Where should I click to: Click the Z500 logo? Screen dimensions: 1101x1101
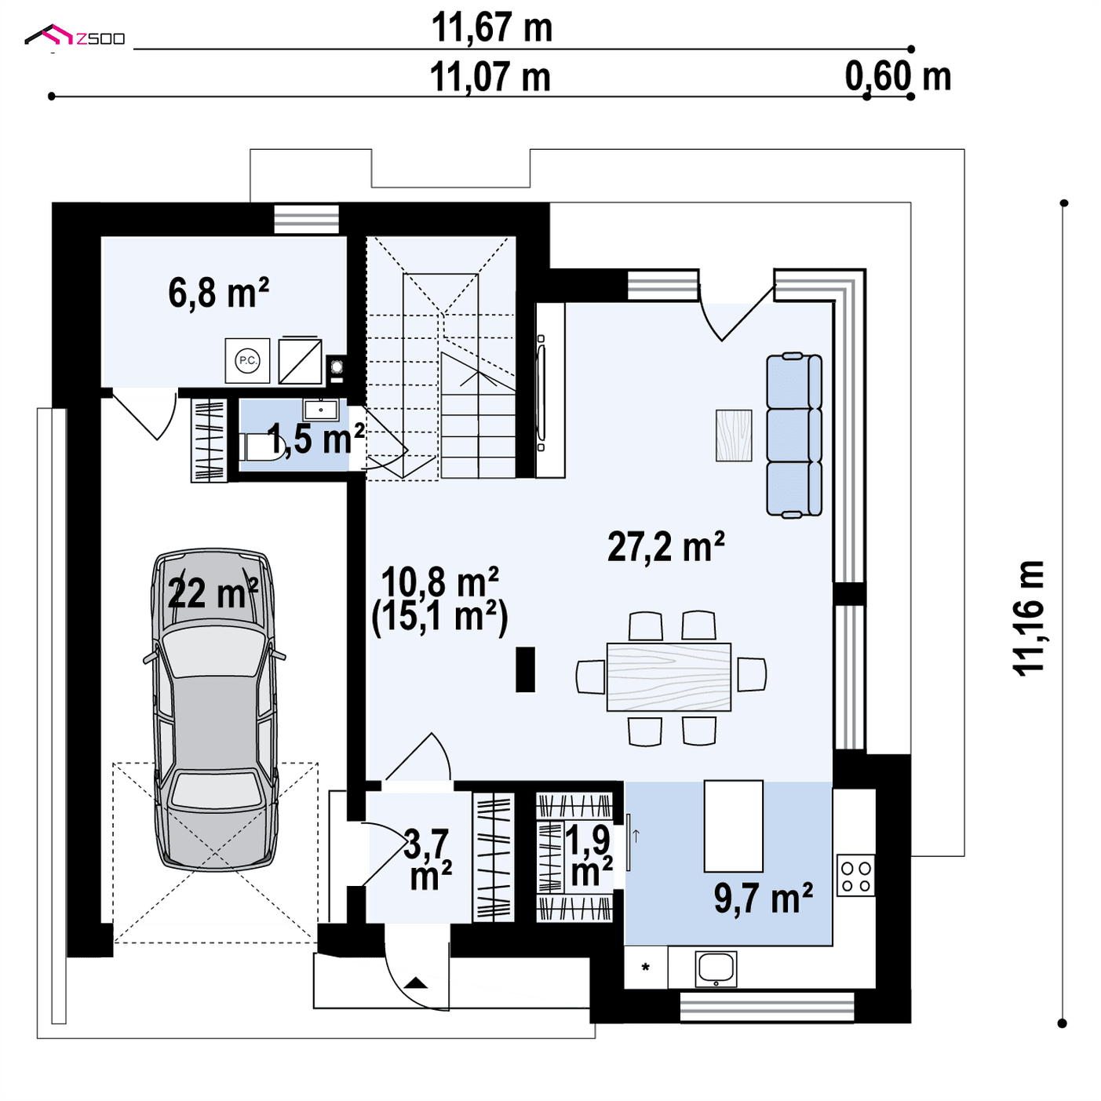75,35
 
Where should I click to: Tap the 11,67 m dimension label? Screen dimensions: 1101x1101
492,27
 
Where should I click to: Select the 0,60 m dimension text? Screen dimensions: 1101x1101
898,76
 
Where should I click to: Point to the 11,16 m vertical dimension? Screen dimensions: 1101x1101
1029,618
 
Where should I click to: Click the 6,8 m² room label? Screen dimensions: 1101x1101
218,293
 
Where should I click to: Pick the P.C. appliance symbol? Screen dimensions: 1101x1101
247,360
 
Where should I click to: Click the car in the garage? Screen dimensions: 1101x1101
215,709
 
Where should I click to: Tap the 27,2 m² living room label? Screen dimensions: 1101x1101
665,547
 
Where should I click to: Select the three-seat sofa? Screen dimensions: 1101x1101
793,436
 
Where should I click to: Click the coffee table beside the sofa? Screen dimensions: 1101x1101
734,436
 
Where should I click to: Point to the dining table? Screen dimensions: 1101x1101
669,677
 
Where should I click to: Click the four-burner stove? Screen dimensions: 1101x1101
856,875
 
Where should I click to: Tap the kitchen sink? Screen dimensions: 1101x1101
716,969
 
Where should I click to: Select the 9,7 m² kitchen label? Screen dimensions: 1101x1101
763,899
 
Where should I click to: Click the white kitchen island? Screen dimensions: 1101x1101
734,826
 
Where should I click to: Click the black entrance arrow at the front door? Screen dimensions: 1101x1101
415,983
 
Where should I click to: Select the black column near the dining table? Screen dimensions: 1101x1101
525,669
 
